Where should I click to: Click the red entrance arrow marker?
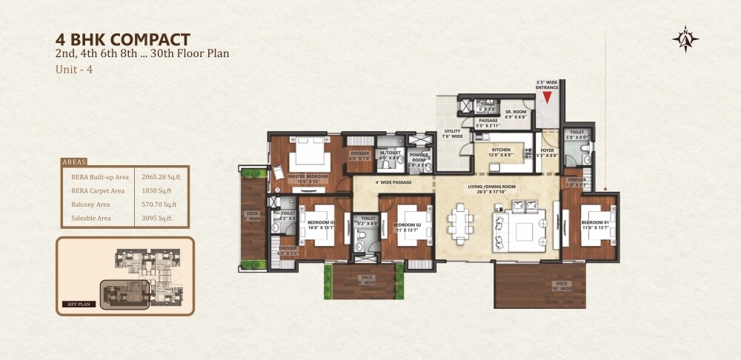[548, 96]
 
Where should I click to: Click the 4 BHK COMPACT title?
[123, 39]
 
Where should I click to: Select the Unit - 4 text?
[73, 70]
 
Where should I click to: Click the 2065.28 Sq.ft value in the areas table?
[161, 177]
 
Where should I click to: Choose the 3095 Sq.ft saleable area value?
[157, 218]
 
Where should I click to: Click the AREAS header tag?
[73, 161]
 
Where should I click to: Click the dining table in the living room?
[460, 221]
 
